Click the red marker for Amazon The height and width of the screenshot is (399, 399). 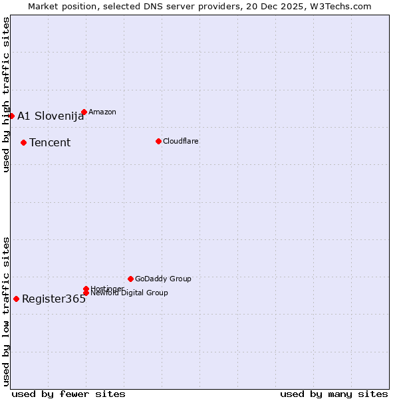coord(84,112)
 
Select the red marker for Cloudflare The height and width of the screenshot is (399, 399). coord(158,141)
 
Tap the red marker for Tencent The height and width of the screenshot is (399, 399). coord(23,142)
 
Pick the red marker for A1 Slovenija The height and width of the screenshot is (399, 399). coord(11,116)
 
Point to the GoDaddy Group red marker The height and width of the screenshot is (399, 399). coord(130,279)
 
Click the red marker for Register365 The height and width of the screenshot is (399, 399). coord(16,299)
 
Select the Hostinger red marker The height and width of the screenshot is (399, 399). coord(86,289)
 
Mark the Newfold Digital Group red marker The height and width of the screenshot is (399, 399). coord(86,293)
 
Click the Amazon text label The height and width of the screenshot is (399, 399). coord(102,112)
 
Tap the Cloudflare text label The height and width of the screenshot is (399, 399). coord(181,141)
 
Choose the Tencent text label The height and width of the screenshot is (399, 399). coord(50,142)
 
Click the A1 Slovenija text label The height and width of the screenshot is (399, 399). coord(51,116)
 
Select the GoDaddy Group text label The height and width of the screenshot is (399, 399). coord(163,279)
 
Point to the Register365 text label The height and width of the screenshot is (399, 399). coord(54,299)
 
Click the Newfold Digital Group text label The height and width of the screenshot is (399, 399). coord(130,293)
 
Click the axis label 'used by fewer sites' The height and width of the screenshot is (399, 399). coord(68,394)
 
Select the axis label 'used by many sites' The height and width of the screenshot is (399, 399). coord(334,394)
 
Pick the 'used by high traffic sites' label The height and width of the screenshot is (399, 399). coord(6,94)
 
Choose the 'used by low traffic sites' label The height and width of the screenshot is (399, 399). coord(6,311)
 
